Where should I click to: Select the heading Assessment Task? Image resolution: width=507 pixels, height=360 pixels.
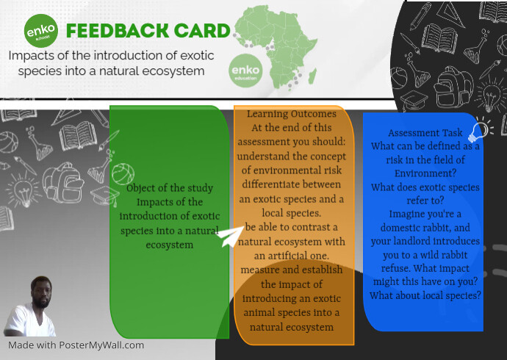coord(425,134)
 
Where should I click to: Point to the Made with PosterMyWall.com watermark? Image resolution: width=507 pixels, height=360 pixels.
coord(76,345)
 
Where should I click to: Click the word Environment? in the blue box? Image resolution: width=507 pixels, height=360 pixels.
coord(424,174)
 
